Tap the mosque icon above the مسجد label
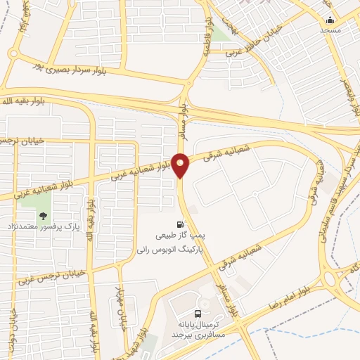pos(330,19)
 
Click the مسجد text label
pos(330,30)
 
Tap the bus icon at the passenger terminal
pos(198,315)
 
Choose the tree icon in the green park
pos(44,216)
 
